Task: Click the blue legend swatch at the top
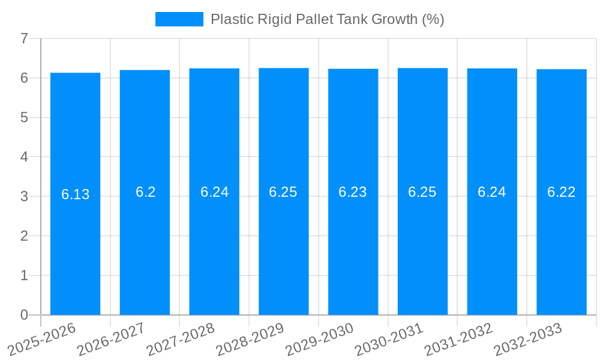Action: [179, 19]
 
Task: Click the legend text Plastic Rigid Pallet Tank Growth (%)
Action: [328, 19]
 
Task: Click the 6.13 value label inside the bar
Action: [75, 194]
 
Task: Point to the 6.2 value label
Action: [145, 192]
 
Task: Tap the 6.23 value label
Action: [353, 192]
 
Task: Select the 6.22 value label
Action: [562, 192]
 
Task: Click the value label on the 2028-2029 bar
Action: [283, 192]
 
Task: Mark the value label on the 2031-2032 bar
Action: [492, 192]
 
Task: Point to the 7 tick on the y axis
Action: [24, 38]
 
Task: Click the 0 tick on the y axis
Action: [24, 315]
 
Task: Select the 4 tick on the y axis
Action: [24, 157]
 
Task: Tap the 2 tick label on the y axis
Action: [24, 236]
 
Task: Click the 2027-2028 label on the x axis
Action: [179, 339]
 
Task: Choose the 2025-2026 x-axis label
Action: [41, 339]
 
